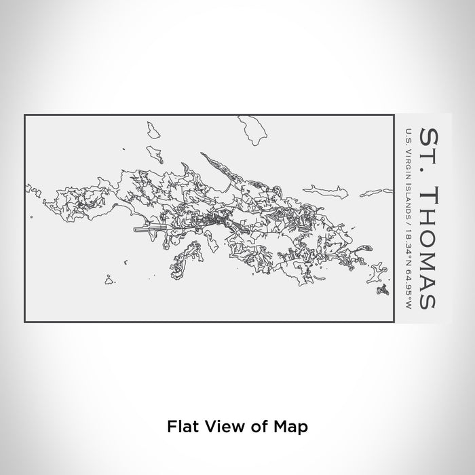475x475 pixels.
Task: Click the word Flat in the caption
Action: point(180,426)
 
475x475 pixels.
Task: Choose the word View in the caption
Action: point(226,426)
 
